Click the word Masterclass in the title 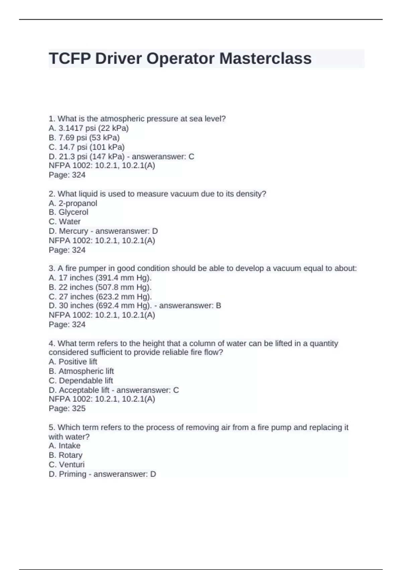click(x=265, y=58)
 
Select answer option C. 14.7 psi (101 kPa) click(x=86, y=147)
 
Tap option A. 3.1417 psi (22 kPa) click(x=88, y=128)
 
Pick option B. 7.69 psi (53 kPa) click(x=84, y=137)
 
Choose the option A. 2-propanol click(x=73, y=203)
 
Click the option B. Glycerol click(x=68, y=212)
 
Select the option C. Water click(x=64, y=222)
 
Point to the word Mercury click(x=73, y=231)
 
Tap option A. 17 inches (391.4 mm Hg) click(x=100, y=278)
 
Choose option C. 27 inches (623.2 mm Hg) click(x=100, y=297)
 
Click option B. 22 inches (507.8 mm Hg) click(x=100, y=287)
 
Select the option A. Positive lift click(x=73, y=362)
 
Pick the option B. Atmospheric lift click(x=81, y=371)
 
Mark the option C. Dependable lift click(x=81, y=381)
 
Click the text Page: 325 click(x=67, y=408)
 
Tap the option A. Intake click(x=64, y=446)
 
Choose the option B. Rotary click(x=65, y=455)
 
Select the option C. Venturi click(x=66, y=464)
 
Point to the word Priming click(x=72, y=474)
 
